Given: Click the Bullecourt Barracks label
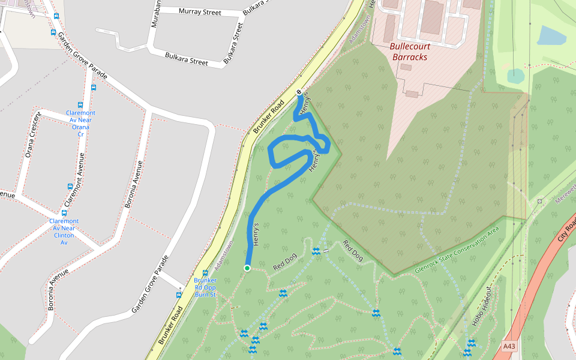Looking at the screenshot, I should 409,51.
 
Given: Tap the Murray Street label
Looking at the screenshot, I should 199,12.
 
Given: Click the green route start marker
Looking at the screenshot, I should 247,268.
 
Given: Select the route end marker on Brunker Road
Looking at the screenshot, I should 299,92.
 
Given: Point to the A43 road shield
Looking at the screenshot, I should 509,346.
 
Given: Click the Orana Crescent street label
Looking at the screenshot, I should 32,135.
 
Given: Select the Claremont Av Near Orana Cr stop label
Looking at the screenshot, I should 80,124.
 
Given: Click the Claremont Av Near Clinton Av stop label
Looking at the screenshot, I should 64,232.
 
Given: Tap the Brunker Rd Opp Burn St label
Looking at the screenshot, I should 205,287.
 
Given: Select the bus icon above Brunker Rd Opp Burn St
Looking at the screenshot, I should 205,273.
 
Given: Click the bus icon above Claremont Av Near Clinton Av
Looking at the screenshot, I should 64,212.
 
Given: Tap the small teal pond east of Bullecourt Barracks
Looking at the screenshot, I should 515,76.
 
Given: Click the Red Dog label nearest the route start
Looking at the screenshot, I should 286,262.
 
